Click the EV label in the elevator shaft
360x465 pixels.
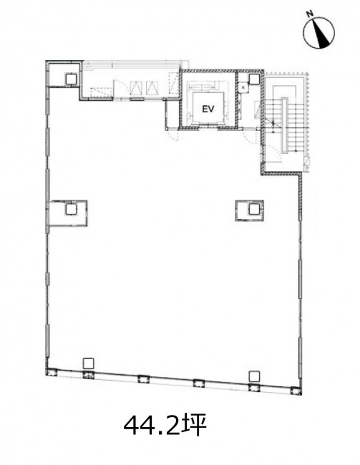208,109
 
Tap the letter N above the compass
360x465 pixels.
310,14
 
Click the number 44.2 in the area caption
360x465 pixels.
151,426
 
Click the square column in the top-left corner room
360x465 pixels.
71,79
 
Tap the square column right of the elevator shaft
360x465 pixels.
254,79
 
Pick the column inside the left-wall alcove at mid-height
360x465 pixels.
71,210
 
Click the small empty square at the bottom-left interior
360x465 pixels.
89,363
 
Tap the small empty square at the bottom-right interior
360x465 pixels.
254,376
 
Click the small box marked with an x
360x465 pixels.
243,88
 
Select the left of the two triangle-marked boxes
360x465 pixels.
136,87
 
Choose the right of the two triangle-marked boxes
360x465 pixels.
152,87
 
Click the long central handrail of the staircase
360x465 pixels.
285,125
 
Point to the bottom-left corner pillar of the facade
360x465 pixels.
52,372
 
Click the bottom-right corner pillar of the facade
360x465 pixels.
296,391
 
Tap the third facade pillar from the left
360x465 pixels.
143,378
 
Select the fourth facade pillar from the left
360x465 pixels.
198,383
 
